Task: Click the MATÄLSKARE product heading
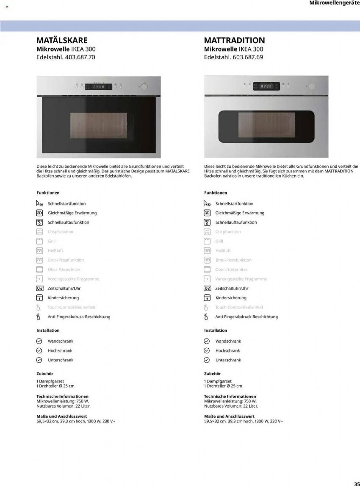click(x=62, y=40)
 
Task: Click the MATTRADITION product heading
click(x=234, y=40)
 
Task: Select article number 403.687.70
click(x=80, y=57)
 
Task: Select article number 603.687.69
click(x=248, y=57)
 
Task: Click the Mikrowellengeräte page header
click(x=334, y=3)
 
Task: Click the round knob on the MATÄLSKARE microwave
click(x=144, y=87)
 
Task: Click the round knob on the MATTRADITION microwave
click(x=312, y=86)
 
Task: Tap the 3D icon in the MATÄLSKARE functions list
click(x=39, y=213)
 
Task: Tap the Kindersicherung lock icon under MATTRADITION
click(x=207, y=298)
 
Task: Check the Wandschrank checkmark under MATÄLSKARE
click(x=39, y=341)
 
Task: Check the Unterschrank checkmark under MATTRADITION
click(x=207, y=360)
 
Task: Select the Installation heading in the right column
click(x=216, y=330)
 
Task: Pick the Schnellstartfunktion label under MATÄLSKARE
click(x=66, y=204)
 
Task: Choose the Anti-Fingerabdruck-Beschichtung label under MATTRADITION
click(x=246, y=317)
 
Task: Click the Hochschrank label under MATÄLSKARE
click(x=60, y=351)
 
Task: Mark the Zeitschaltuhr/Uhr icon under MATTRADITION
click(x=207, y=289)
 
